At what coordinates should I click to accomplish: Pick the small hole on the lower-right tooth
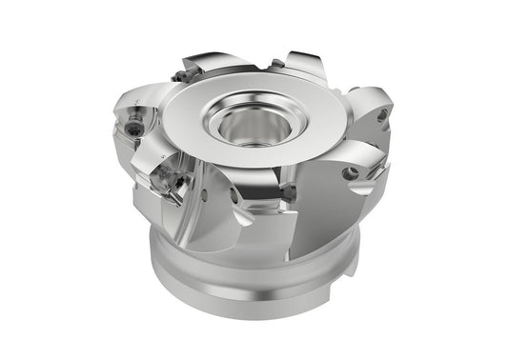[x=351, y=174]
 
